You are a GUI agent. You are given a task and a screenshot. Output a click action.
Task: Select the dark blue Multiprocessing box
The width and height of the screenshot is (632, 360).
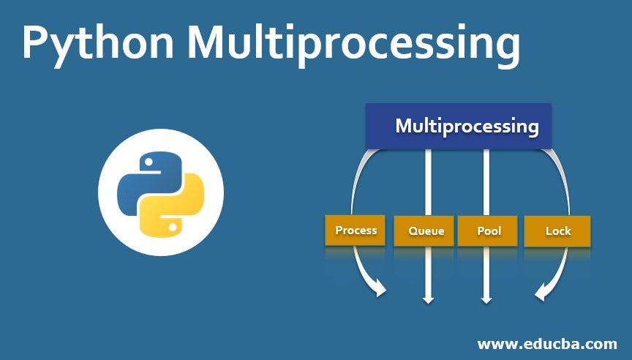tap(459, 125)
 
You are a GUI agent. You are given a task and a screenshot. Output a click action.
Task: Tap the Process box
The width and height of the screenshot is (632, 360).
tap(355, 230)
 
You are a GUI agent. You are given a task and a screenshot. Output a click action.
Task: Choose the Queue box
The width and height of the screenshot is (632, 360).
tap(426, 230)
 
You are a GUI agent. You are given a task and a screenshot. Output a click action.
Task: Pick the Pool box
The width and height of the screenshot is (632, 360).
tap(488, 230)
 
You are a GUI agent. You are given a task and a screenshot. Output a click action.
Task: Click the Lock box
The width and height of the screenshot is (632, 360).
tap(558, 230)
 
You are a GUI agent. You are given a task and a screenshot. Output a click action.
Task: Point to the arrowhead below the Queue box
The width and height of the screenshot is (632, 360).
tap(428, 297)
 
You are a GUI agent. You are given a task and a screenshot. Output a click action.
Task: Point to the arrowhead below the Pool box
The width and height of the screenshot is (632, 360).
tap(486, 297)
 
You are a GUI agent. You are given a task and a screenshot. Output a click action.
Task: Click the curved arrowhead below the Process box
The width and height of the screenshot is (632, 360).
tap(379, 290)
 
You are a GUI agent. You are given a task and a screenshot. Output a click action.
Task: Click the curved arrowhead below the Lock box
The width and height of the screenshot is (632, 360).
tap(541, 293)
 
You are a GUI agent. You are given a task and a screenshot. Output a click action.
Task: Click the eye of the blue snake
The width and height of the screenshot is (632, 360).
tap(148, 160)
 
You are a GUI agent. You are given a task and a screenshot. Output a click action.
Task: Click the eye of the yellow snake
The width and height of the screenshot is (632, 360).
tap(172, 227)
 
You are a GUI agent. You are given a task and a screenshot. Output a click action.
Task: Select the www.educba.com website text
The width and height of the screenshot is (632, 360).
tap(547, 343)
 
